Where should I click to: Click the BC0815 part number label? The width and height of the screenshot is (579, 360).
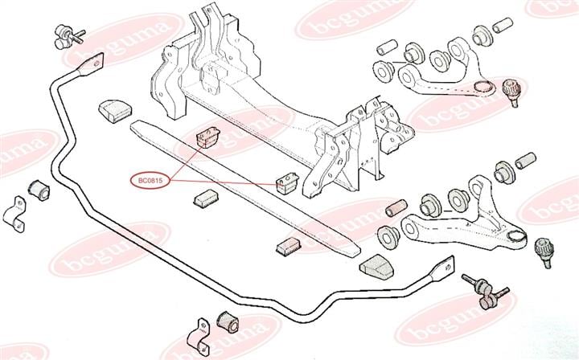150,181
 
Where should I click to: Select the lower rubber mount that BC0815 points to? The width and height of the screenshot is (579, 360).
288,182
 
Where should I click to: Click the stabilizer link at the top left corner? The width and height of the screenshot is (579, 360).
68,36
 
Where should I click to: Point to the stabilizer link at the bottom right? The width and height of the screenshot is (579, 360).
485,291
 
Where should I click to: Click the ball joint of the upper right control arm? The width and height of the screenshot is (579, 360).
512,92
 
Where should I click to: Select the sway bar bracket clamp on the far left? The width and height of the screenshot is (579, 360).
14,215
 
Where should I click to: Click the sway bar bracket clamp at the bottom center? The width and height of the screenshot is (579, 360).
199,337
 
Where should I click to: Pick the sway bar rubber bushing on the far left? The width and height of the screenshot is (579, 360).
39,188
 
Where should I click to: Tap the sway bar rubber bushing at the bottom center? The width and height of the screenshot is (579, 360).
228,321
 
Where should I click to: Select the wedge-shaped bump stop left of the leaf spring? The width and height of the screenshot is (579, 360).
115,110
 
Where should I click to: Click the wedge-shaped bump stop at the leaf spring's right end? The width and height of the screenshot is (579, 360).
376,267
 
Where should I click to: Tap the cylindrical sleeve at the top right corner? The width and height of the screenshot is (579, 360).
503,25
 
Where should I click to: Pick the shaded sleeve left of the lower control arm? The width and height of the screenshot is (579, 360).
396,208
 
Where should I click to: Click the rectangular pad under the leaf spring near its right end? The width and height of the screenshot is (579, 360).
289,247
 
